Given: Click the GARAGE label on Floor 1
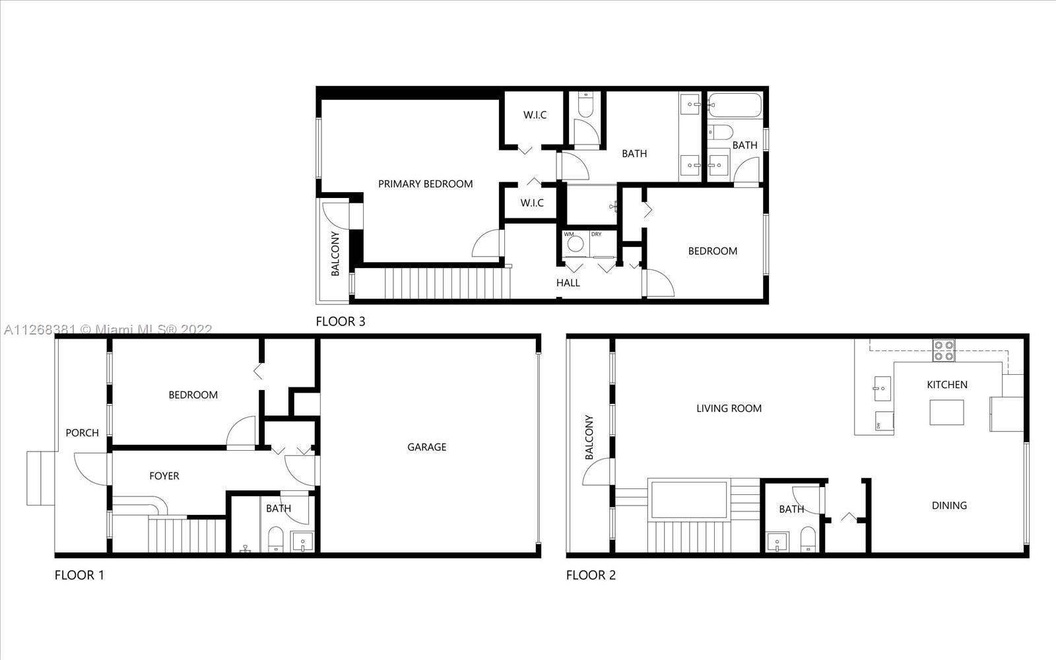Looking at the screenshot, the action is tap(426, 447).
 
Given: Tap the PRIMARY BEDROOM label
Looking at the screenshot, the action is tap(425, 184).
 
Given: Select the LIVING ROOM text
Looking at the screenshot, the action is tap(729, 409).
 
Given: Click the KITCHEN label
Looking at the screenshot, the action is tap(947, 385).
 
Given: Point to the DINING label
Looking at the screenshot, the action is tap(949, 506).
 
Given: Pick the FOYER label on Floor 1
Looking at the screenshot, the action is tap(164, 476).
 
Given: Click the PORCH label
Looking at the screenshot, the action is tap(82, 433).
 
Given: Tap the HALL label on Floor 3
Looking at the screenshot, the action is tap(568, 283).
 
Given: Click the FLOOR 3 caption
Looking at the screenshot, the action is tap(341, 321).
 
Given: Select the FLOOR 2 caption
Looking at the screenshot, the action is tap(591, 575).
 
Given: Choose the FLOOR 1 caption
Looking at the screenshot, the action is tap(79, 575).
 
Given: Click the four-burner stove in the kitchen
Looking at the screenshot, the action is tap(943, 350).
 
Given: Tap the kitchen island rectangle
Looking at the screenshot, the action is tap(946, 412).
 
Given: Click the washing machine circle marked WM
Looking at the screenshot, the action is tap(575, 244).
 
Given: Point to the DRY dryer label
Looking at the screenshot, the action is tap(597, 234).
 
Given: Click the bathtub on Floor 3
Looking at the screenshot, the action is tap(735, 105).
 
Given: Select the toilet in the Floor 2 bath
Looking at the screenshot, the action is tap(808, 539).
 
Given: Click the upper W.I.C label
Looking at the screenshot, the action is tap(535, 115).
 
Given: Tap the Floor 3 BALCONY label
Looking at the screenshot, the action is tap(335, 253).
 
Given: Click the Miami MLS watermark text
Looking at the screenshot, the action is tap(108, 329).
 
